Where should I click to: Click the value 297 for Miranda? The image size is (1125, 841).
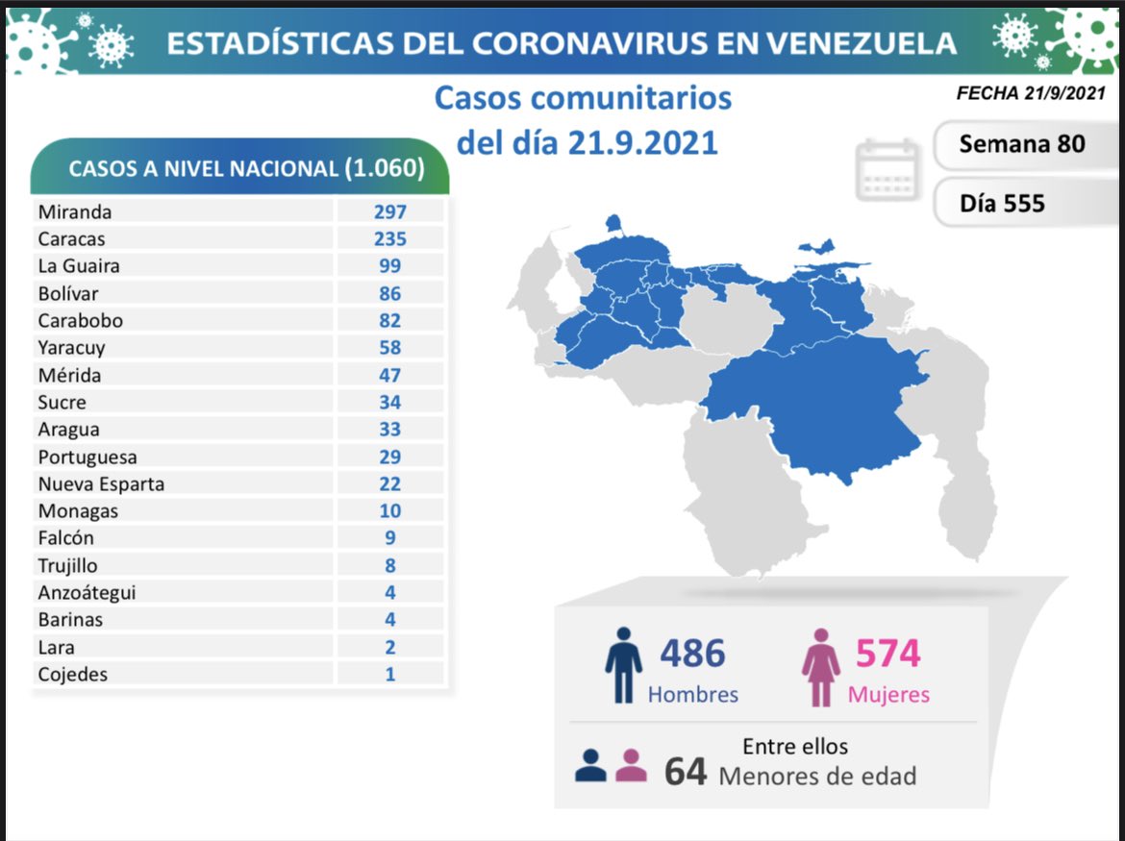[390, 211]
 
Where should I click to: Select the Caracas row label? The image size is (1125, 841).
[71, 238]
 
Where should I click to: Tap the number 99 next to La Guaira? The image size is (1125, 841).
[390, 266]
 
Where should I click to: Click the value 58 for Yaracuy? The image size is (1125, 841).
[390, 348]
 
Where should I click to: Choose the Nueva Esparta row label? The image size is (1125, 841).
[101, 483]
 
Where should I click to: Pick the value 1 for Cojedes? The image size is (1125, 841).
[390, 675]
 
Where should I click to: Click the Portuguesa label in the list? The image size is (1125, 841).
[87, 458]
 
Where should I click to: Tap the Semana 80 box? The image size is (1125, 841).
[1021, 144]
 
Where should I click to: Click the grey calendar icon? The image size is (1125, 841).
[887, 169]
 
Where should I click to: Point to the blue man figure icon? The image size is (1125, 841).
[623, 665]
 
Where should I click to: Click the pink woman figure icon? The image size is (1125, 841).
[821, 667]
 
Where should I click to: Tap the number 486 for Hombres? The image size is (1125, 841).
[692, 654]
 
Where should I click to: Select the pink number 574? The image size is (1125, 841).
[887, 654]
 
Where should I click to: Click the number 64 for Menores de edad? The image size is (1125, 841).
[686, 772]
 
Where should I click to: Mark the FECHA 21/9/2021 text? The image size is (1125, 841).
[1030, 93]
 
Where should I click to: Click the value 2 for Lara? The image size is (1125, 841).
[390, 648]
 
